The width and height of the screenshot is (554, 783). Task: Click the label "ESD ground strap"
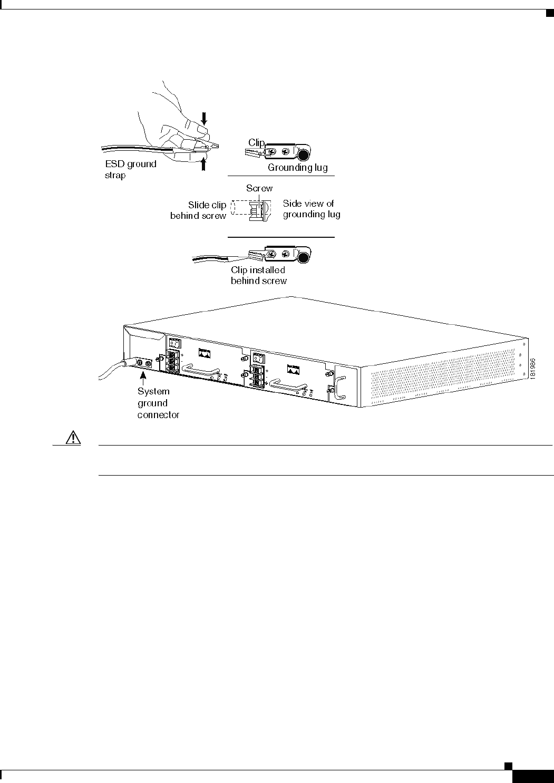pos(130,169)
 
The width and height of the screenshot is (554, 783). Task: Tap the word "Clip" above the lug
pos(256,143)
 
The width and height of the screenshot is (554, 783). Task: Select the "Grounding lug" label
pos(297,168)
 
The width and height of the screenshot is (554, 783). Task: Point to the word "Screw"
pos(259,188)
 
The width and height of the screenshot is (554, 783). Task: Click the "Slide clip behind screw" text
pos(199,210)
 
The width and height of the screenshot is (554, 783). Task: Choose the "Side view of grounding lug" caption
pos(311,209)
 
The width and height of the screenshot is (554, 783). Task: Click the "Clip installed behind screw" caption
pos(258,275)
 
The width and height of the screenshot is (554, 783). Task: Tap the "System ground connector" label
pos(158,403)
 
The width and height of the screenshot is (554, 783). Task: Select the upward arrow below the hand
pos(204,164)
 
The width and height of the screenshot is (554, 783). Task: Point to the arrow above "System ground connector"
pos(143,378)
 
